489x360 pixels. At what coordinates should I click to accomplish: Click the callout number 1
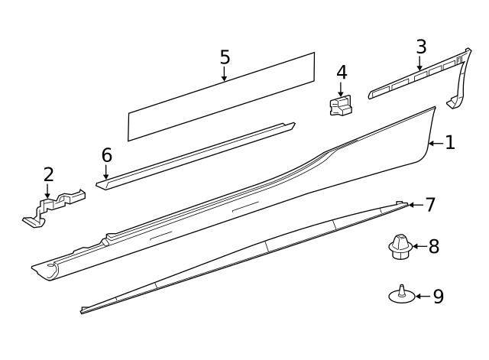450,142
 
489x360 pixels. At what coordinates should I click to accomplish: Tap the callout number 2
48,175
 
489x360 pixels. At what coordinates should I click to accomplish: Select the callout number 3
421,47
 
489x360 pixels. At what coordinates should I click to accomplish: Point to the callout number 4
342,73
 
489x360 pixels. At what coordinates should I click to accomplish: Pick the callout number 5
225,57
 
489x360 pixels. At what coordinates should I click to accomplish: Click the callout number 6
107,155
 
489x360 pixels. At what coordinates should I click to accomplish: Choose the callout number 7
430,205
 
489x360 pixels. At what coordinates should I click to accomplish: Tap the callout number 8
434,246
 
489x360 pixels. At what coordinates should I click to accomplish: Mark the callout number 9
438,297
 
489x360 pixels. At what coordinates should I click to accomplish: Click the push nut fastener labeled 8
400,247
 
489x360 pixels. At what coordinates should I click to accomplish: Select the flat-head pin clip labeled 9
402,294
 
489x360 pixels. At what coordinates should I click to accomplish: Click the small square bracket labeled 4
340,105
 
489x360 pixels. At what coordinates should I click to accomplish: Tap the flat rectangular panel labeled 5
221,97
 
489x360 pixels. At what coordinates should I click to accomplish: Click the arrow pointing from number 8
419,246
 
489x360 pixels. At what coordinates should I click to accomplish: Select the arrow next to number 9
423,297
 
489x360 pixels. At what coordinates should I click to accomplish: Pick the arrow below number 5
224,73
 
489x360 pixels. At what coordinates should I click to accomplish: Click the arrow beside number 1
436,143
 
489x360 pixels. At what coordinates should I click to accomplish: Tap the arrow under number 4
341,89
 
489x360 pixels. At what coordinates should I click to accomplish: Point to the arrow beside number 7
416,205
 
